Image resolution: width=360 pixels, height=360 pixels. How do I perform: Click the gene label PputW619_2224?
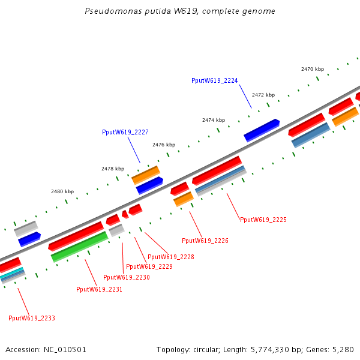215,80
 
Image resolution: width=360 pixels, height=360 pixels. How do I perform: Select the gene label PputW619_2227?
125,132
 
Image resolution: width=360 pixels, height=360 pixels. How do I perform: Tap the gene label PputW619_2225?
263,220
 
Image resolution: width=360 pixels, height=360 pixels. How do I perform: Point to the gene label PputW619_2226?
205,241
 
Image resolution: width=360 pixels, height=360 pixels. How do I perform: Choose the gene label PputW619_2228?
171,257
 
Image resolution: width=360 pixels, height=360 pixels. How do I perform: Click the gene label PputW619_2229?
149,266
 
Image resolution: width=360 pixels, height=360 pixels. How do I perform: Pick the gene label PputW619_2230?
127,277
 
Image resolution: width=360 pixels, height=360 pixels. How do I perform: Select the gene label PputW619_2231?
100,289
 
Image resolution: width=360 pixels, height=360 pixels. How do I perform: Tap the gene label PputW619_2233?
32,318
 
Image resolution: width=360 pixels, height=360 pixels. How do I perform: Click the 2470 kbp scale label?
313,69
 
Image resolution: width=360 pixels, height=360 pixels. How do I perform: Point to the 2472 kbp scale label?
263,95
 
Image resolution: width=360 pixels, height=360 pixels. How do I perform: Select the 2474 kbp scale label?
214,120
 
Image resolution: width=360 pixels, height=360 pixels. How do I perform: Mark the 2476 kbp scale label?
164,145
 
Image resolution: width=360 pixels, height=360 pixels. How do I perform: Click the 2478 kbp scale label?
113,169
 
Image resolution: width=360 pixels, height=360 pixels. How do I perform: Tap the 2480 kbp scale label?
62,191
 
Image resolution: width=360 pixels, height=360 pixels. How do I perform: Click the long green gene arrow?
80,247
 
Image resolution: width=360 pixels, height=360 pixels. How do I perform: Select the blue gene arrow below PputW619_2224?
262,130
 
